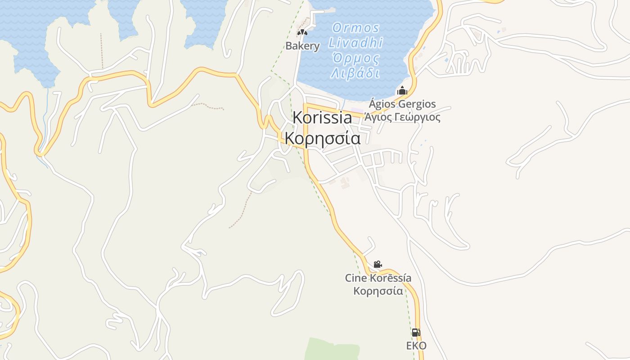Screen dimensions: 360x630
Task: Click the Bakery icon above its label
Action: pos(302,32)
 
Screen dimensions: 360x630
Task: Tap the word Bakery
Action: pos(302,46)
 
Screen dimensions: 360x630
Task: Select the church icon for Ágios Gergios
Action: pos(402,90)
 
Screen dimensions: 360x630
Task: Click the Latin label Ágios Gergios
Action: pos(402,104)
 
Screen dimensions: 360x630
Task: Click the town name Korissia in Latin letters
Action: pos(322,118)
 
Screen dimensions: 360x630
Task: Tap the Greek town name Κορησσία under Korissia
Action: pos(323,138)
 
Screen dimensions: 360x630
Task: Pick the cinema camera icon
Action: pos(378,264)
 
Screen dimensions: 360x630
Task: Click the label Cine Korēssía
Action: pos(378,278)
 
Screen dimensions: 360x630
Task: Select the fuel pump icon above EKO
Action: pos(416,333)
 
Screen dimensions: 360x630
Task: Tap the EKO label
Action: pos(416,346)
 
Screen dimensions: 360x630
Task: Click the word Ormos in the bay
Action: pos(355,28)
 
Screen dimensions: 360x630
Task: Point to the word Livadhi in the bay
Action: pos(355,43)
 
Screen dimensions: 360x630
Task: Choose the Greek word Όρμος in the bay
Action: pos(355,58)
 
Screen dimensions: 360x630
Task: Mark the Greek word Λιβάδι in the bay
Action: pos(355,73)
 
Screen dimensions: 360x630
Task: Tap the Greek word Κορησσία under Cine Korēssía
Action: pos(378,291)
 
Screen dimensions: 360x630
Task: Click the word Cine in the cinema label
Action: pos(355,278)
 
